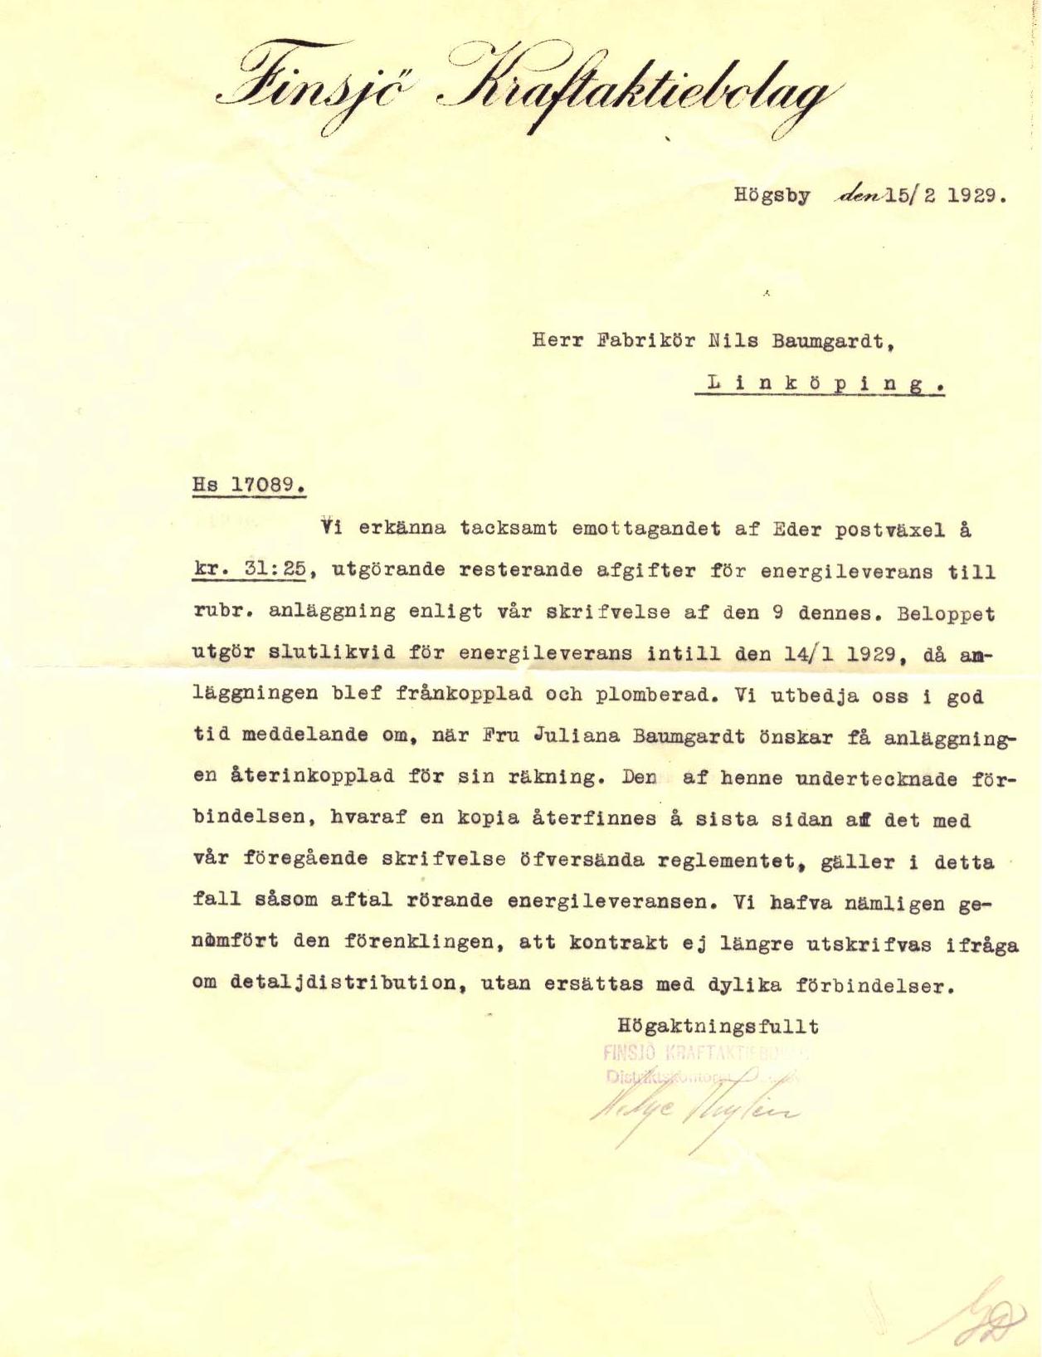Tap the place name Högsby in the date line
[771, 198]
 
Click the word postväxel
[872, 529]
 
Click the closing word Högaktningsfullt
[718, 1027]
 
